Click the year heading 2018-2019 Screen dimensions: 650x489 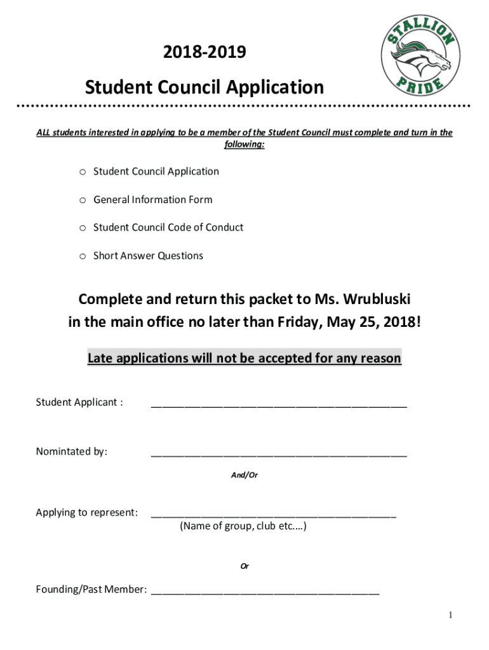(204, 54)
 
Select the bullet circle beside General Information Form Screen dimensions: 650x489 (83, 200)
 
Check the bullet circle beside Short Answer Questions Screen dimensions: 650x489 (83, 256)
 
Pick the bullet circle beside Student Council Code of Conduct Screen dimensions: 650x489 (83, 228)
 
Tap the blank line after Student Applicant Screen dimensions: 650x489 (278, 404)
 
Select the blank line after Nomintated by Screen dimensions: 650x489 (278, 453)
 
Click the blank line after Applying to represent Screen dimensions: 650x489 (273, 515)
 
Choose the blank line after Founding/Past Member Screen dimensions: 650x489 (265, 592)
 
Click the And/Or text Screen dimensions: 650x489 (245, 475)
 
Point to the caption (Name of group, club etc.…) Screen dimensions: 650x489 (244, 526)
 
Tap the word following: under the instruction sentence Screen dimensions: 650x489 (244, 144)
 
